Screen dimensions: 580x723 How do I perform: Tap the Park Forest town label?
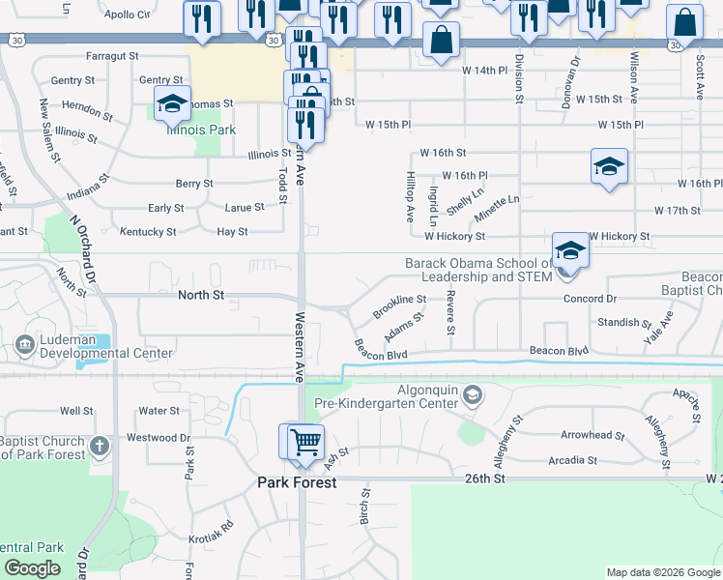coord(296,482)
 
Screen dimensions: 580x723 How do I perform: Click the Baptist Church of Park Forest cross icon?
coord(98,447)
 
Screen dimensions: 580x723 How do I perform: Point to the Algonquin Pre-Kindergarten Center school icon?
coord(472,394)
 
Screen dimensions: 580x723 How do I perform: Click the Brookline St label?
coord(399,305)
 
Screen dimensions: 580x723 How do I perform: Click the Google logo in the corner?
coord(32,568)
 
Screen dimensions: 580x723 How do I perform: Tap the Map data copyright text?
coord(662,572)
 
